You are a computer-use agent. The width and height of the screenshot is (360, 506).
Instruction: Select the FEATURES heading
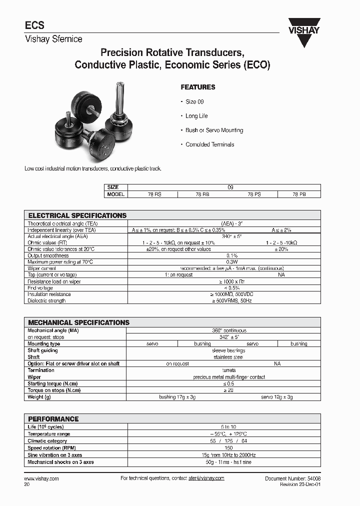tap(197, 87)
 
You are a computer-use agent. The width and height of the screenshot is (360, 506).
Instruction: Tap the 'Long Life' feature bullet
tap(196, 116)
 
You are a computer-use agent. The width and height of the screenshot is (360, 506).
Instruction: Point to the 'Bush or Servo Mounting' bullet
tap(214, 130)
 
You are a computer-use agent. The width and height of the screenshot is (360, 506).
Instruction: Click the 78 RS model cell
tap(152, 194)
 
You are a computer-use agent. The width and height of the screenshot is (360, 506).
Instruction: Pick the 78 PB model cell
tap(299, 194)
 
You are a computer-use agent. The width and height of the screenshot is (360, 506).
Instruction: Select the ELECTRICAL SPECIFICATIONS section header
tap(77, 215)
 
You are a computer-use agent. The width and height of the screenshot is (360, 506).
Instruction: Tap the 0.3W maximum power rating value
tap(231, 262)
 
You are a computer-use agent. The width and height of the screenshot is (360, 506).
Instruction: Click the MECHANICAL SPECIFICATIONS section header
tap(78, 322)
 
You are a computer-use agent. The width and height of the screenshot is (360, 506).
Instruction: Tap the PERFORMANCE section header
tap(53, 419)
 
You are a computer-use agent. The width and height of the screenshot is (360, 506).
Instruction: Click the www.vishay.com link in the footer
tap(41, 478)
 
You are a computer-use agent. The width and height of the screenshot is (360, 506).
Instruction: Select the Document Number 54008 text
tap(292, 478)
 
